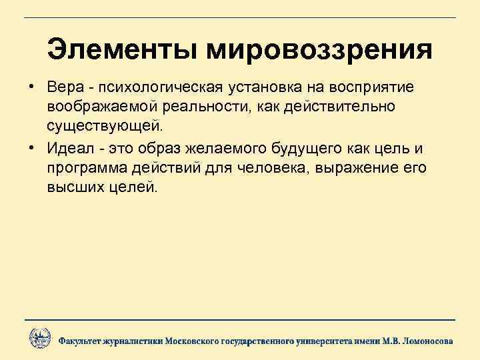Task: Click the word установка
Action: pos(265,88)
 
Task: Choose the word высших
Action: pos(74,187)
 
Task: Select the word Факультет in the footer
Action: pos(82,341)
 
